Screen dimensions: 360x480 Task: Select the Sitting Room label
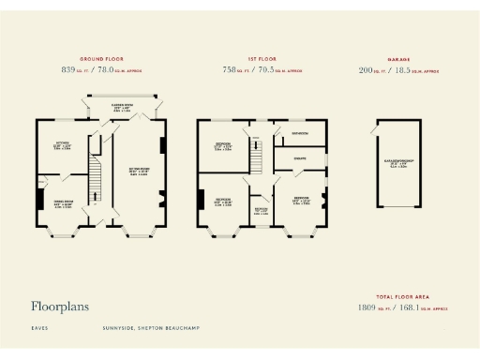tap(138, 172)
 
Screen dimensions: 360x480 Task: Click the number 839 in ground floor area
tap(67, 70)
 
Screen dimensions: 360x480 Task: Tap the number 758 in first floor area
tap(230, 70)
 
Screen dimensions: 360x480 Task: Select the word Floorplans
tap(63, 306)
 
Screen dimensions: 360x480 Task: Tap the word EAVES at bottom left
tap(39, 328)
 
